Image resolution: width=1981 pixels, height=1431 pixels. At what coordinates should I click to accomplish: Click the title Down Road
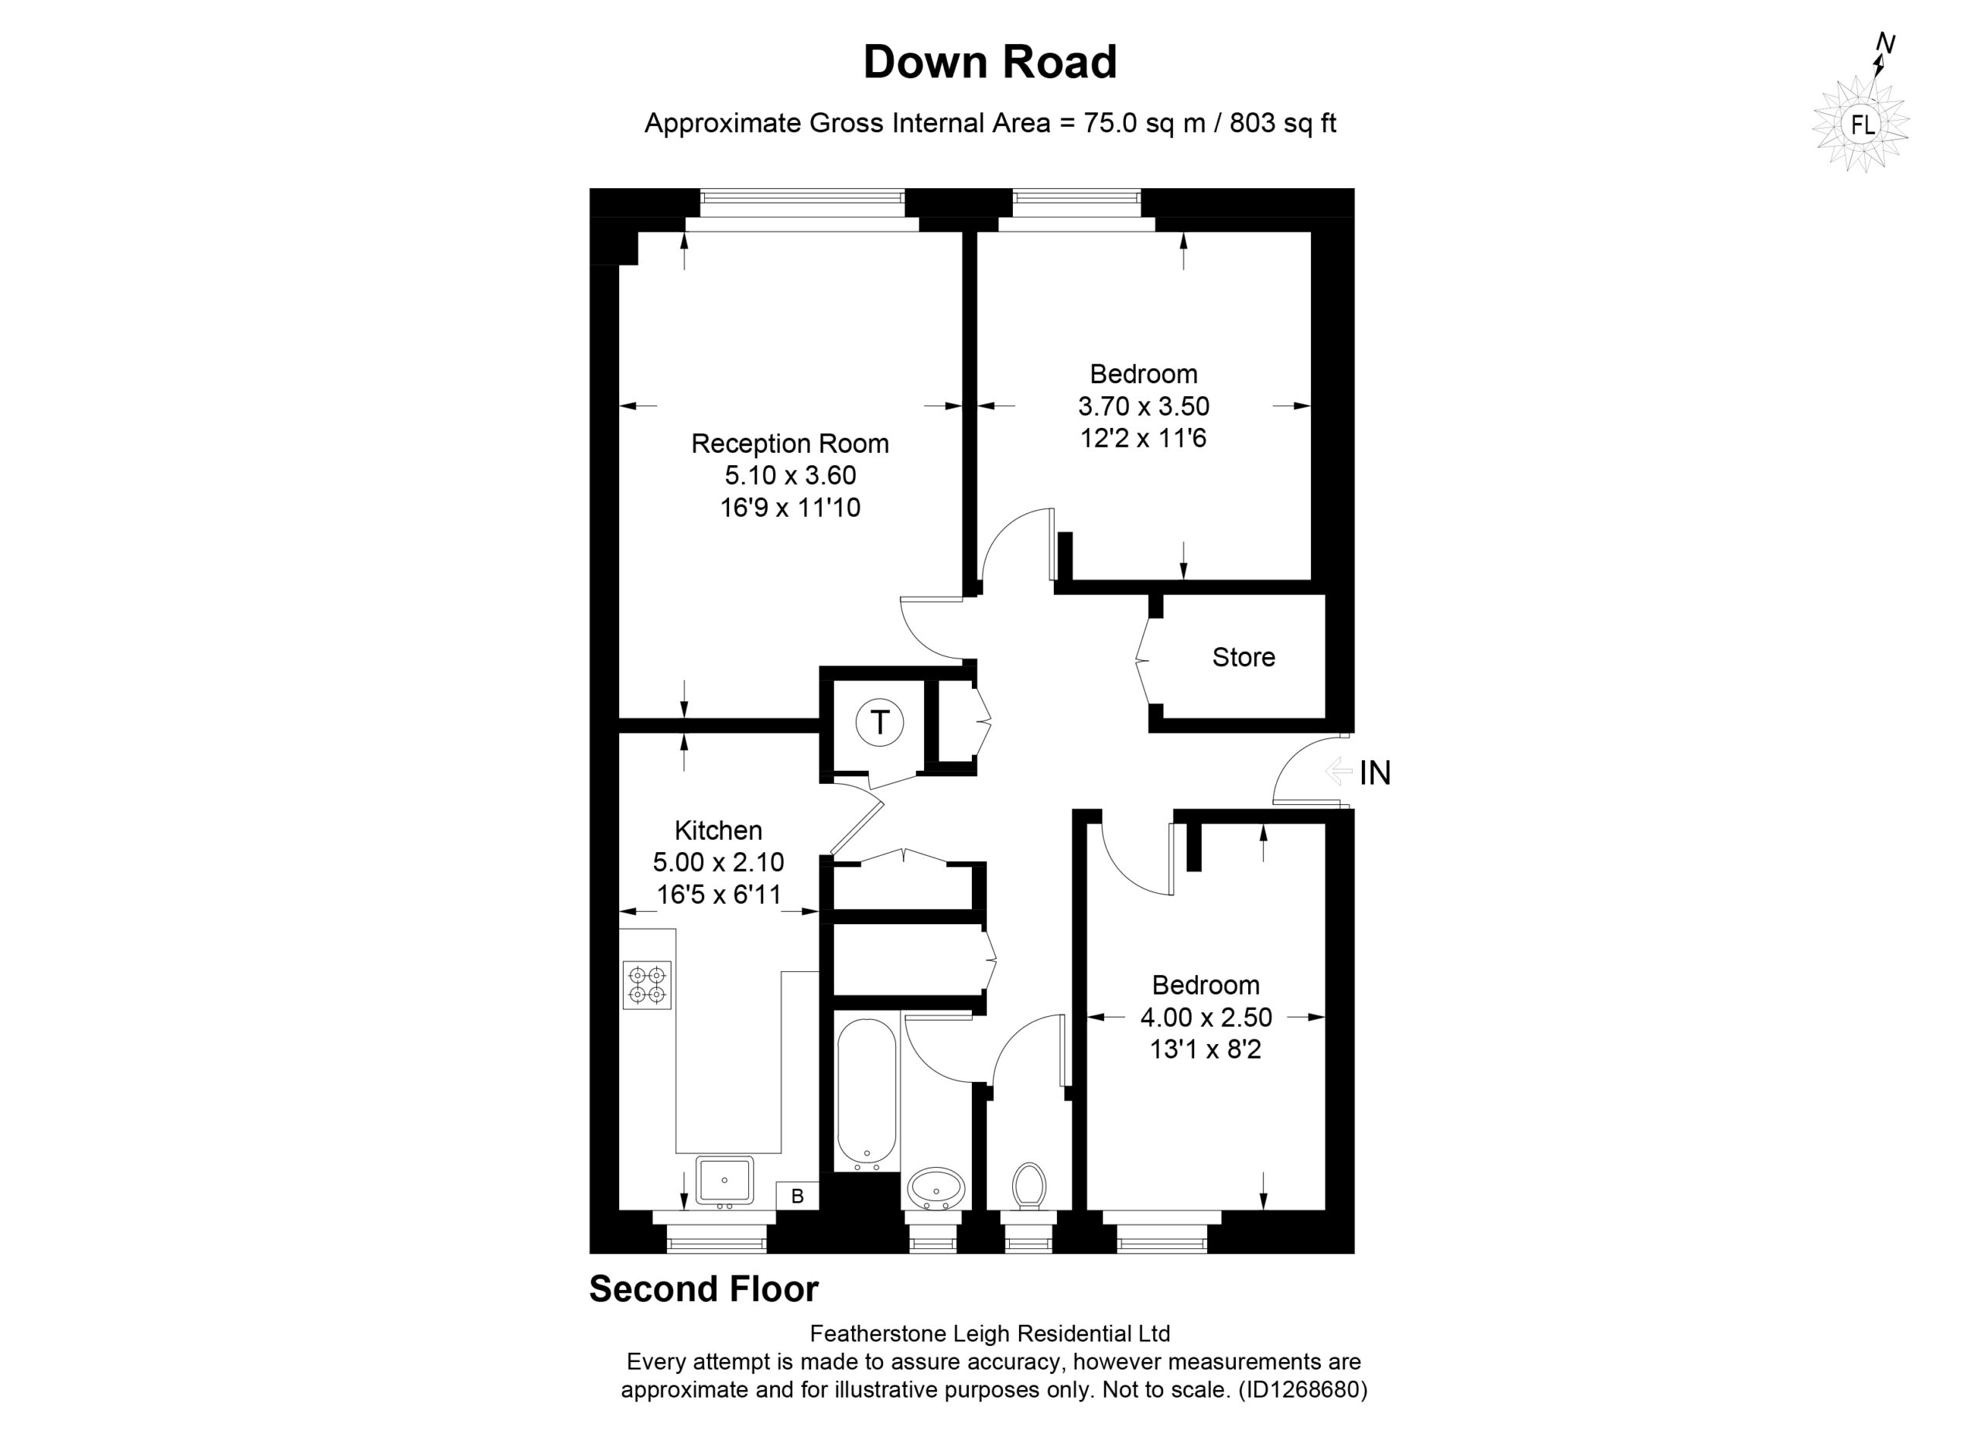click(x=990, y=62)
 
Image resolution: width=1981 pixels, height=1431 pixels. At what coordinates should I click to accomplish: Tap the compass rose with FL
click(x=1860, y=123)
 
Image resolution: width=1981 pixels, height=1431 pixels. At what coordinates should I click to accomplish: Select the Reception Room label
click(x=789, y=443)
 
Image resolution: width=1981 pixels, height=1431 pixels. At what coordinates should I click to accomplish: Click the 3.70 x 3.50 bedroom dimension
click(x=1144, y=406)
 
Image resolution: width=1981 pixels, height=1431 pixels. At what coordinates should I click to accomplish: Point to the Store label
click(x=1243, y=657)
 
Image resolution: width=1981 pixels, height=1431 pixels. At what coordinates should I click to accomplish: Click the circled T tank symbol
click(x=880, y=723)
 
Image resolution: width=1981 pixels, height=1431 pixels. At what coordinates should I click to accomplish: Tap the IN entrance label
click(x=1375, y=772)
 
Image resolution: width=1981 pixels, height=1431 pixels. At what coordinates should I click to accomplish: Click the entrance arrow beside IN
click(x=1338, y=772)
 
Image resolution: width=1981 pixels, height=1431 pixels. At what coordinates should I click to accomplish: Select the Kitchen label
click(x=718, y=830)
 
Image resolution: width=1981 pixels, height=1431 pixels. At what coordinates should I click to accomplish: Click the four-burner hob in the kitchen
click(x=647, y=985)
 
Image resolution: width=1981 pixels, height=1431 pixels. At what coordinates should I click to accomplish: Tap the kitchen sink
click(x=724, y=1181)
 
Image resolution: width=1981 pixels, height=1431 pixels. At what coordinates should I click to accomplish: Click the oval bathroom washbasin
click(x=936, y=1189)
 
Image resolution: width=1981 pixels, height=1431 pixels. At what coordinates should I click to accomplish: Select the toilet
click(x=1029, y=1186)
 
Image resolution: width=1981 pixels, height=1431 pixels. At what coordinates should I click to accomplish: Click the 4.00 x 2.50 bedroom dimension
click(x=1206, y=1018)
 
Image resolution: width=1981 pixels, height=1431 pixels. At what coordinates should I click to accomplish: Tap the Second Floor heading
click(x=704, y=1289)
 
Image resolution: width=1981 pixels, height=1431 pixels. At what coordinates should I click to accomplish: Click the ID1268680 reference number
click(x=1302, y=1390)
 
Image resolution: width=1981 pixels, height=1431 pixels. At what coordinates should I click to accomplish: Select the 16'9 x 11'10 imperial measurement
click(x=789, y=508)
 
